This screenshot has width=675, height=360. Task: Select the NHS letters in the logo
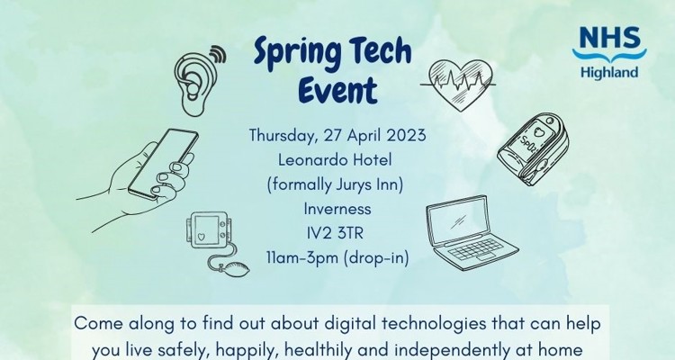point(609,36)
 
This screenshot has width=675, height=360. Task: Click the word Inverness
point(337,211)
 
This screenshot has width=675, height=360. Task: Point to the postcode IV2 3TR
point(337,235)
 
